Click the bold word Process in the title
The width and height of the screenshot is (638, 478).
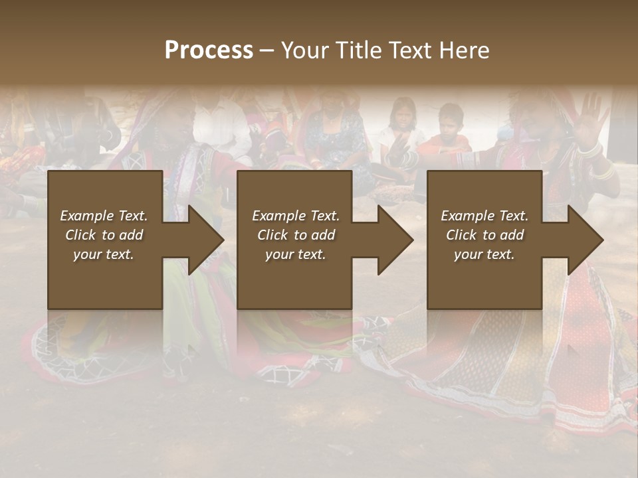pos(209,50)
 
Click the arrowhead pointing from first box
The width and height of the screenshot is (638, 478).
pos(203,240)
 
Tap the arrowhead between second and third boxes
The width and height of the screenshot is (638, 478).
pos(393,240)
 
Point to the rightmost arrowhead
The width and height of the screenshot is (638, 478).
pos(583,240)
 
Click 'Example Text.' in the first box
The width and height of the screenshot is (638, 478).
pos(104,216)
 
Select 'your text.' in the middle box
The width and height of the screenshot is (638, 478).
pos(295,254)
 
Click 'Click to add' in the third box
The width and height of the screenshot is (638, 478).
pos(484,235)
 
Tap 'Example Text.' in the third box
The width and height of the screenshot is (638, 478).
pos(484,216)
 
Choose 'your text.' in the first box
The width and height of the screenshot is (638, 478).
pos(104,254)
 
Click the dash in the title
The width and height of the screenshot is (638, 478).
pos(266,50)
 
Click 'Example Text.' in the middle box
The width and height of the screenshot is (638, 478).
pos(295,216)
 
